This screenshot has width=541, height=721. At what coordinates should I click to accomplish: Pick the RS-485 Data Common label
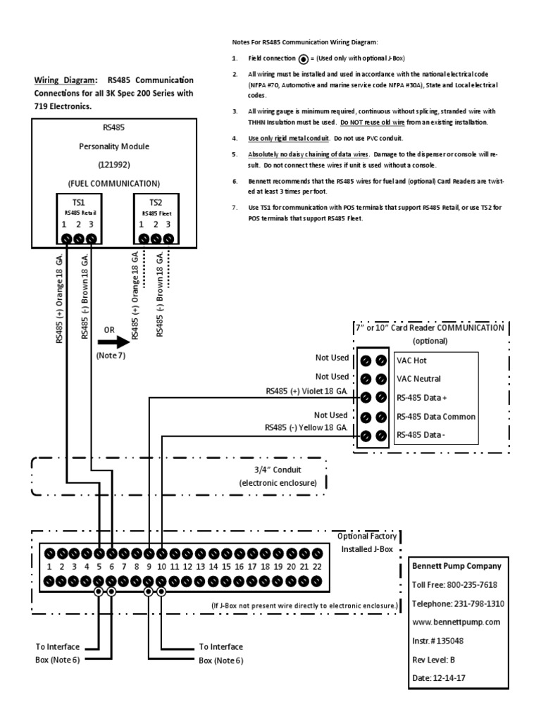point(435,416)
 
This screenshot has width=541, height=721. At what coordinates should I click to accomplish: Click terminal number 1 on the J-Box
point(49,566)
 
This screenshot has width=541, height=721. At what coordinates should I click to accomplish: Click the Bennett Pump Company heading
point(455,565)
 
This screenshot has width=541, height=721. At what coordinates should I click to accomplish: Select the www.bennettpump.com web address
point(455,622)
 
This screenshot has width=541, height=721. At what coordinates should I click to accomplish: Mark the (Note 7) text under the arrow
point(111,356)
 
